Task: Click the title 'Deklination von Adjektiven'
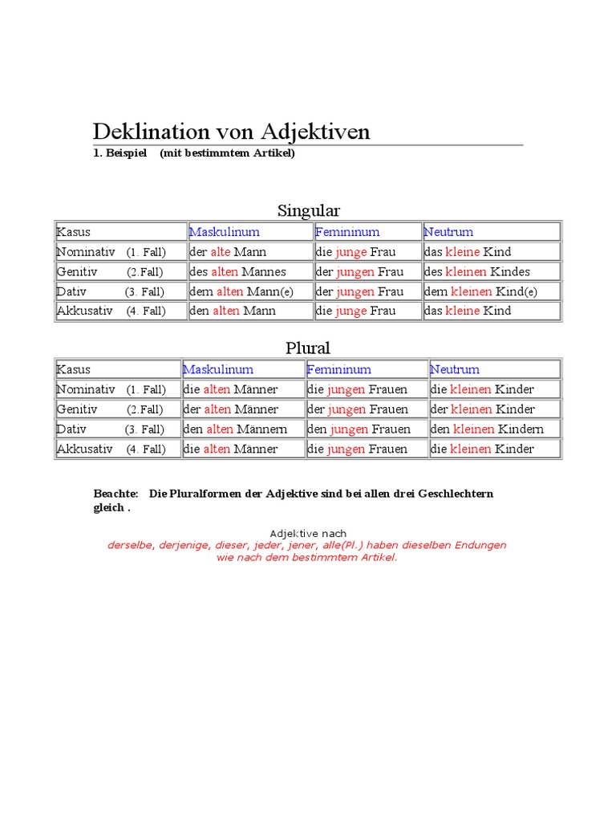(x=232, y=132)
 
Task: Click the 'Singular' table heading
(x=309, y=210)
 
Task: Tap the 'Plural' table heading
(x=308, y=348)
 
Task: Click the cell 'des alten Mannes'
(x=237, y=271)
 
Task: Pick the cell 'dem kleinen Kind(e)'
(x=480, y=291)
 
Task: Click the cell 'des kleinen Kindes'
(x=477, y=271)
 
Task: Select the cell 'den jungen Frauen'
(x=359, y=429)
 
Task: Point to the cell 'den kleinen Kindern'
(x=488, y=429)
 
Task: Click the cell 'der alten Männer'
(x=231, y=409)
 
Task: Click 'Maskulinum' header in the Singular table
(x=225, y=232)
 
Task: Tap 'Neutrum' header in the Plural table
(x=455, y=369)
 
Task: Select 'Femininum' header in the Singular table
(x=347, y=232)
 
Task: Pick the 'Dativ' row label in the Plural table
(x=71, y=429)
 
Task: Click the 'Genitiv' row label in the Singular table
(x=77, y=271)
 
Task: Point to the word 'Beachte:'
(x=116, y=493)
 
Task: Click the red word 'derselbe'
(x=131, y=545)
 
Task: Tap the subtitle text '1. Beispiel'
(x=120, y=153)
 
